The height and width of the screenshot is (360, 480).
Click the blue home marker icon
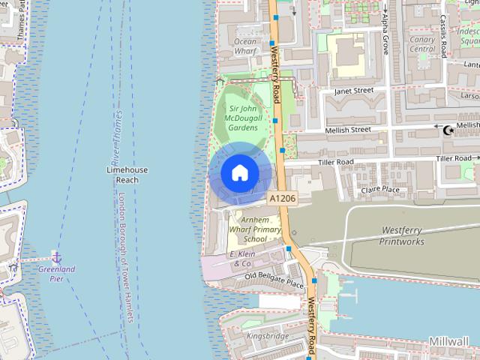pos(239,172)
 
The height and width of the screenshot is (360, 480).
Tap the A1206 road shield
pos(282,198)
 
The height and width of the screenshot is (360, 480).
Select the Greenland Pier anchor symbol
pos(56,257)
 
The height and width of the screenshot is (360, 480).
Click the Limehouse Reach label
pos(127,175)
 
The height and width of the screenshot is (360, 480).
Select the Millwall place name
pos(449,341)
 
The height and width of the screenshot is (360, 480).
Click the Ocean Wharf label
pos(245,46)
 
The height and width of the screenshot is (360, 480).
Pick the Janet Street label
pos(353,90)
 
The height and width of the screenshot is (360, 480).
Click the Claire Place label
pos(380,190)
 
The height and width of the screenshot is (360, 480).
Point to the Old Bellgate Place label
pos(274,280)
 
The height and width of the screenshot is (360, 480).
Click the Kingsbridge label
pos(267,337)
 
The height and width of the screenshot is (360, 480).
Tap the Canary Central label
pos(423,44)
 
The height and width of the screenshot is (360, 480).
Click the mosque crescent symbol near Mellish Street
pos(449,130)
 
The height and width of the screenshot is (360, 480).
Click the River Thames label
pos(117,139)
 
